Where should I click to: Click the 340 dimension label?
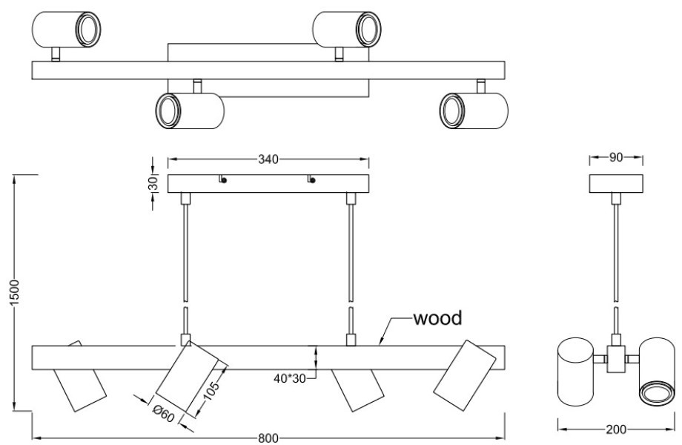pos(268,158)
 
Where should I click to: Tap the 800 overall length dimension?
pos(268,438)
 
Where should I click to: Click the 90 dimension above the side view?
pos(616,158)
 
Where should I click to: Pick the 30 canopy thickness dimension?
pos(153,183)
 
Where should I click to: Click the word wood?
pos(437,319)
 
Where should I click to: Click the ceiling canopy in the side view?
pos(616,182)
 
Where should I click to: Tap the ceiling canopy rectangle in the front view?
pos(268,183)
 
